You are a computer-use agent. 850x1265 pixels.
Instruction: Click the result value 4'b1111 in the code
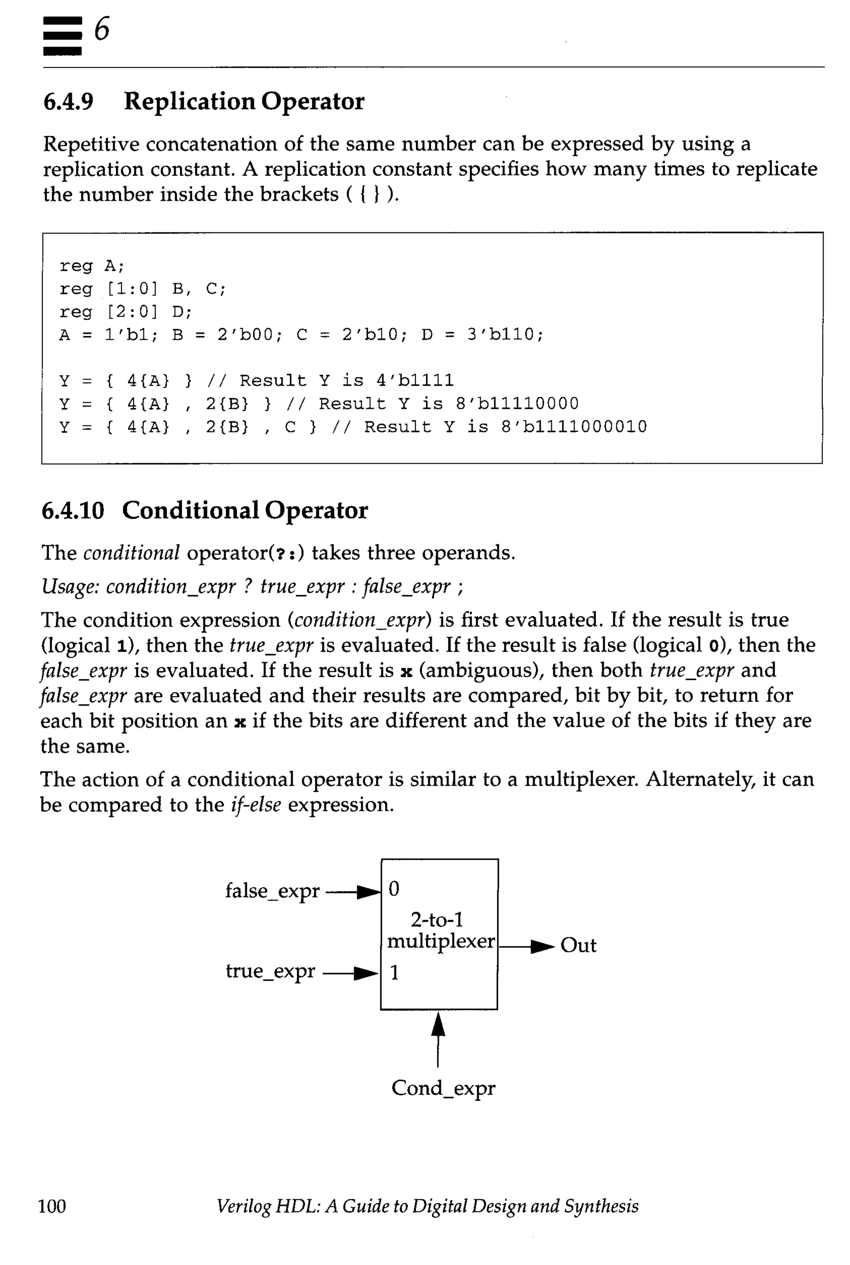point(415,380)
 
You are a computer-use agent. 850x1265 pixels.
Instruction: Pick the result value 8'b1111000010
point(574,427)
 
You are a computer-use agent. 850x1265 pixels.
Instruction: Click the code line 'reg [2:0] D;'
point(125,312)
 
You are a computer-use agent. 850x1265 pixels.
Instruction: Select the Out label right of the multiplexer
point(578,945)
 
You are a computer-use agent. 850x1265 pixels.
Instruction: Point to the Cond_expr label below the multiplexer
point(443,1088)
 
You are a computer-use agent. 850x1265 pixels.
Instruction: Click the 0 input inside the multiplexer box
point(394,889)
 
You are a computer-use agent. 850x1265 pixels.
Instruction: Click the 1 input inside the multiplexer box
point(394,973)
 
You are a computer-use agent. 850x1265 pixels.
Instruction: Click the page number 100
point(52,1206)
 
